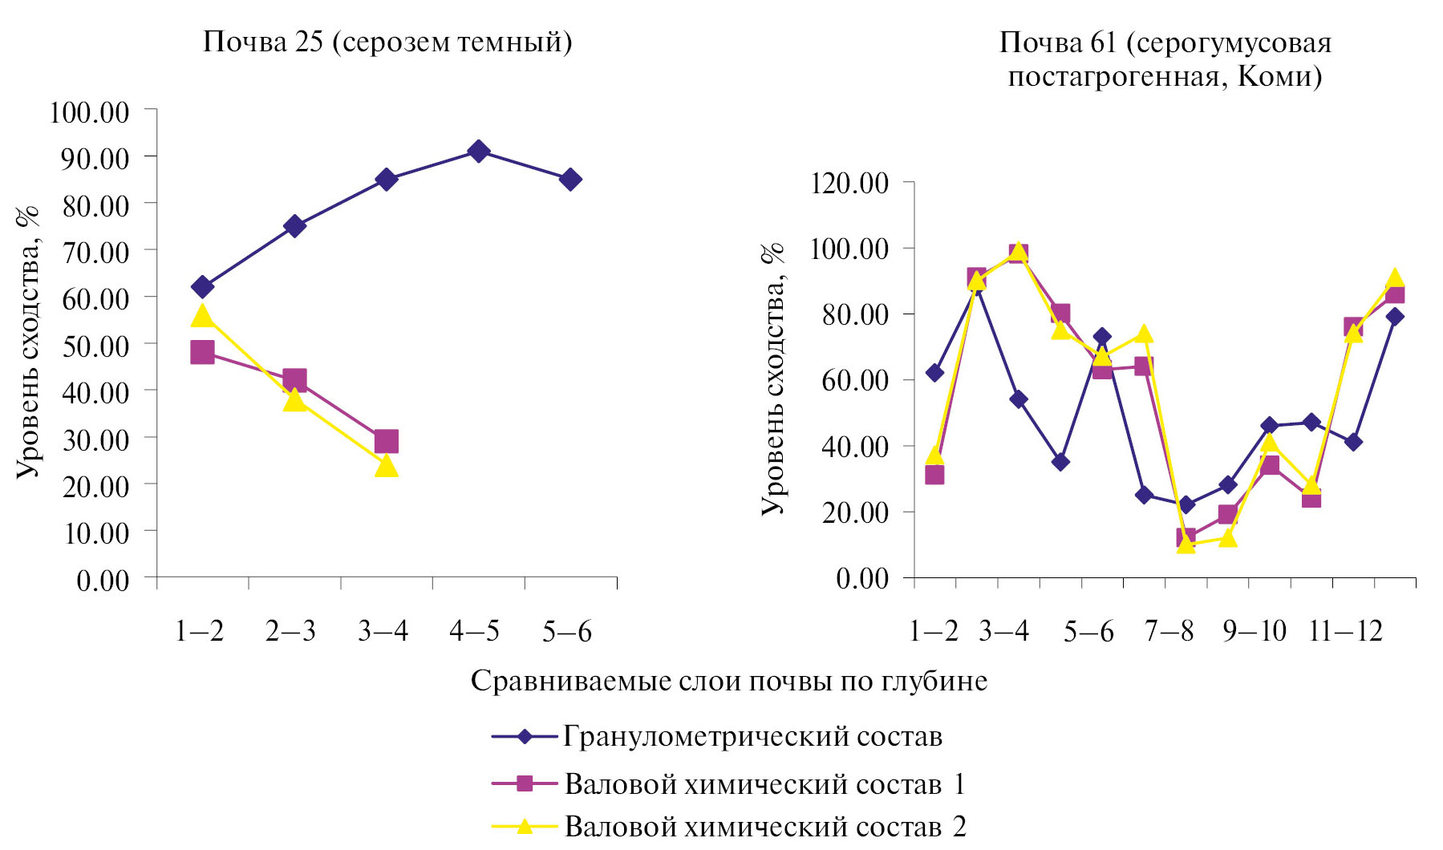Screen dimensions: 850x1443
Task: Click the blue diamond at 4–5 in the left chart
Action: pyautogui.click(x=479, y=151)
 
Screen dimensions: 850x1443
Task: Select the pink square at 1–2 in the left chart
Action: pyautogui.click(x=202, y=352)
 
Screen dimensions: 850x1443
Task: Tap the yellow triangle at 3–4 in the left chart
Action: pyautogui.click(x=386, y=466)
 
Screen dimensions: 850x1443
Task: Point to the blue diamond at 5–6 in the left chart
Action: pyautogui.click(x=570, y=179)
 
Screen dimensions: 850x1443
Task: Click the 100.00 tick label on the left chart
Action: pyautogui.click(x=89, y=111)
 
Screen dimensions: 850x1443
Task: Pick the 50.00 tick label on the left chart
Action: pyautogui.click(x=95, y=346)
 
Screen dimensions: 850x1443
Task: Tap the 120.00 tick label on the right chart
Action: pyautogui.click(x=849, y=183)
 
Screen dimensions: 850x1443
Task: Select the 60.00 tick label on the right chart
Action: pyautogui.click(x=855, y=379)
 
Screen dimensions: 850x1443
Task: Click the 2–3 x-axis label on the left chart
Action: pyautogui.click(x=290, y=632)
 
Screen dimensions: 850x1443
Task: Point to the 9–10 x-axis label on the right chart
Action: pyautogui.click(x=1254, y=632)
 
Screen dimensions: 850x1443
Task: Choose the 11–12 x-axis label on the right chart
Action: pyautogui.click(x=1345, y=632)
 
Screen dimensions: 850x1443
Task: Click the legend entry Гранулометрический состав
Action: pyautogui.click(x=752, y=736)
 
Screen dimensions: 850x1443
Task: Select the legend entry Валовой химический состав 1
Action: pyautogui.click(x=764, y=783)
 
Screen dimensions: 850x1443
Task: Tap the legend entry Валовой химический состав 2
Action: pyautogui.click(x=765, y=826)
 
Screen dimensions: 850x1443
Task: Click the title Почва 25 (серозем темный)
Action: pyautogui.click(x=387, y=42)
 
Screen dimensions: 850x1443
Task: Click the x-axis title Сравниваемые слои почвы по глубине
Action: pyautogui.click(x=728, y=681)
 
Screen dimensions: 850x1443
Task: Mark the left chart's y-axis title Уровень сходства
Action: pyautogui.click(x=28, y=345)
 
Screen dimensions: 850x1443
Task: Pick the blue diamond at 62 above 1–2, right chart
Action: pyautogui.click(x=934, y=373)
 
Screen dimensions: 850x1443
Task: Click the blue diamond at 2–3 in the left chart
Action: pyautogui.click(x=294, y=226)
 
